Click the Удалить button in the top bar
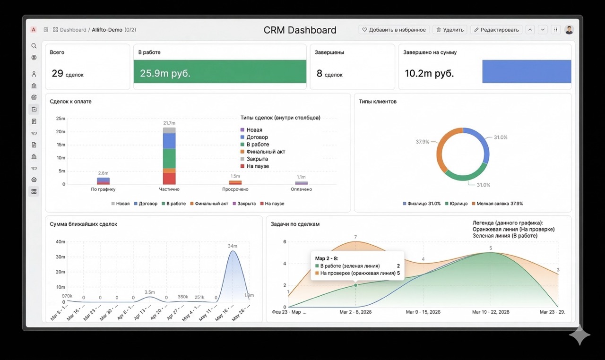(449, 30)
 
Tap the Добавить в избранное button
(394, 30)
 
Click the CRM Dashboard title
(300, 30)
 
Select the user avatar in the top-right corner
(569, 30)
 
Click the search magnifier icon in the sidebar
(34, 46)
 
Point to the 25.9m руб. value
(165, 73)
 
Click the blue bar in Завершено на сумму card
(526, 71)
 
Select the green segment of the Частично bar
(169, 158)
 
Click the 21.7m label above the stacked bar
(169, 123)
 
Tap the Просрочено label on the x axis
(235, 189)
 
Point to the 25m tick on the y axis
(60, 119)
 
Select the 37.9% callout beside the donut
(422, 141)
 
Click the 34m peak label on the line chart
(232, 246)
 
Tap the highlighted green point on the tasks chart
(355, 285)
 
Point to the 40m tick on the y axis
(60, 242)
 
